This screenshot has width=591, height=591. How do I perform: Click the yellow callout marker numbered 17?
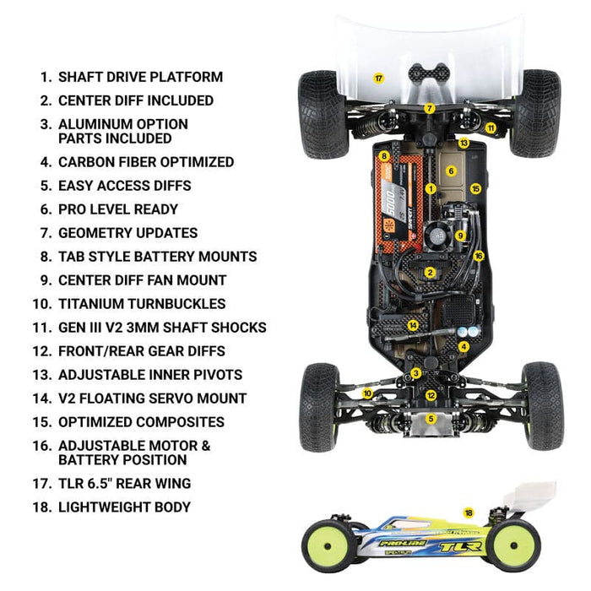(379, 78)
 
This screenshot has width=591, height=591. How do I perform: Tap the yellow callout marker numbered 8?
(384, 155)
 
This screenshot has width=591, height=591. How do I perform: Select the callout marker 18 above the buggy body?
(469, 512)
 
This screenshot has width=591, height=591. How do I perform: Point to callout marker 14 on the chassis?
(413, 325)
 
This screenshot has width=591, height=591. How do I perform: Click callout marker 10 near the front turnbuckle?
(367, 393)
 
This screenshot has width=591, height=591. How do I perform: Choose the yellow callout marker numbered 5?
(431, 419)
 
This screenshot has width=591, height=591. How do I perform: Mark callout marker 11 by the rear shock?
(491, 128)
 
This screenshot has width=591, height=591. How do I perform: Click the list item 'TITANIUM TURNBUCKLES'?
(142, 304)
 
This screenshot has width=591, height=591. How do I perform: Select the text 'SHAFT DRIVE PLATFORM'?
(140, 77)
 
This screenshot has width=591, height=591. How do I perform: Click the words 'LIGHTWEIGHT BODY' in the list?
(124, 507)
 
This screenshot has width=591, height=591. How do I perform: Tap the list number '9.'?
(46, 280)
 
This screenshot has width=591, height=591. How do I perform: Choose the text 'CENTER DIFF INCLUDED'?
(136, 100)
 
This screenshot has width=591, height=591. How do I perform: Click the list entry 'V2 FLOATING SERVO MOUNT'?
(152, 399)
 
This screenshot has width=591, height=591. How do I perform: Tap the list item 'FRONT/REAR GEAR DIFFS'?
(142, 351)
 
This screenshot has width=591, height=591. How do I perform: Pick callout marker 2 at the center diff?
(431, 273)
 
